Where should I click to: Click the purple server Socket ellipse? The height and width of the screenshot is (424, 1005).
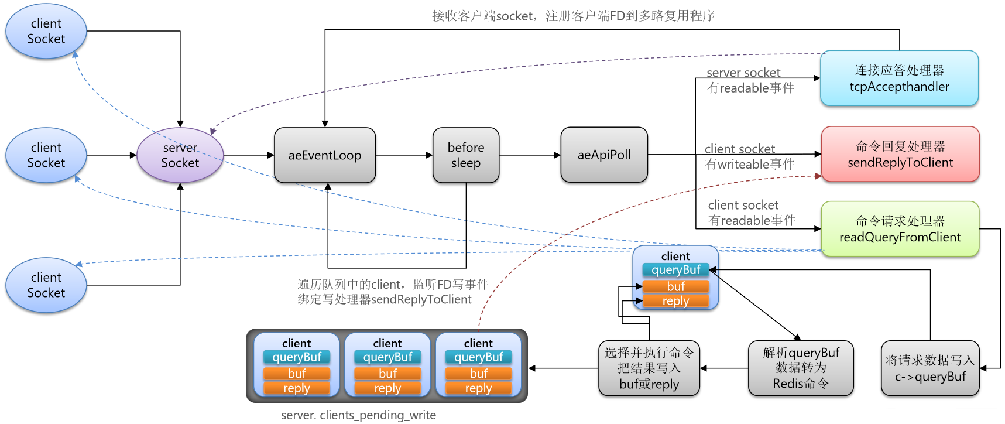point(180,155)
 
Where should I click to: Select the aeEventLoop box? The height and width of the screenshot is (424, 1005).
point(325,155)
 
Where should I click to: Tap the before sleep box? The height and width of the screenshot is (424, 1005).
point(466,155)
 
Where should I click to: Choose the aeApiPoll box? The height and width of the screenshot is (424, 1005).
point(604,155)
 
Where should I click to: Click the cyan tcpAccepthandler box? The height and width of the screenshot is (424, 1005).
point(899,78)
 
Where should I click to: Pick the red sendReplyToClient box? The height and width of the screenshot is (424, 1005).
point(900,154)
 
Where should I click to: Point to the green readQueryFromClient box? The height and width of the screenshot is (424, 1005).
point(900,229)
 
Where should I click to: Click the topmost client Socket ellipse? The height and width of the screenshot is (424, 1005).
point(46,31)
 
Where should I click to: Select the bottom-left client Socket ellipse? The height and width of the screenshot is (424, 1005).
point(46,285)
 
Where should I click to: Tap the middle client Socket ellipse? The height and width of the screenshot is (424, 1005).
point(46,155)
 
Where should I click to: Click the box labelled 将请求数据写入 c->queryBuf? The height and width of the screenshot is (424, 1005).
point(930,368)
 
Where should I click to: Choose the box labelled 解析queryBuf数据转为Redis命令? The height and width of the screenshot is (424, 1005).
point(801,368)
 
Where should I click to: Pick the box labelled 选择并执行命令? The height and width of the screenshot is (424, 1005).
point(649,368)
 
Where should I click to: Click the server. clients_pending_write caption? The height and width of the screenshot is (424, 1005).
point(358,415)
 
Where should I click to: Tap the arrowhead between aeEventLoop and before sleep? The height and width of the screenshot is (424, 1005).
point(429,155)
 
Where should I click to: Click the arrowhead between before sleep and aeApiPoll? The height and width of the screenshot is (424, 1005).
point(557,155)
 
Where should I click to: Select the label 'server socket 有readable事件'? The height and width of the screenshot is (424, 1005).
point(750,80)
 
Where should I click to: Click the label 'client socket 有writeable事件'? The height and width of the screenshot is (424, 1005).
point(749,156)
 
